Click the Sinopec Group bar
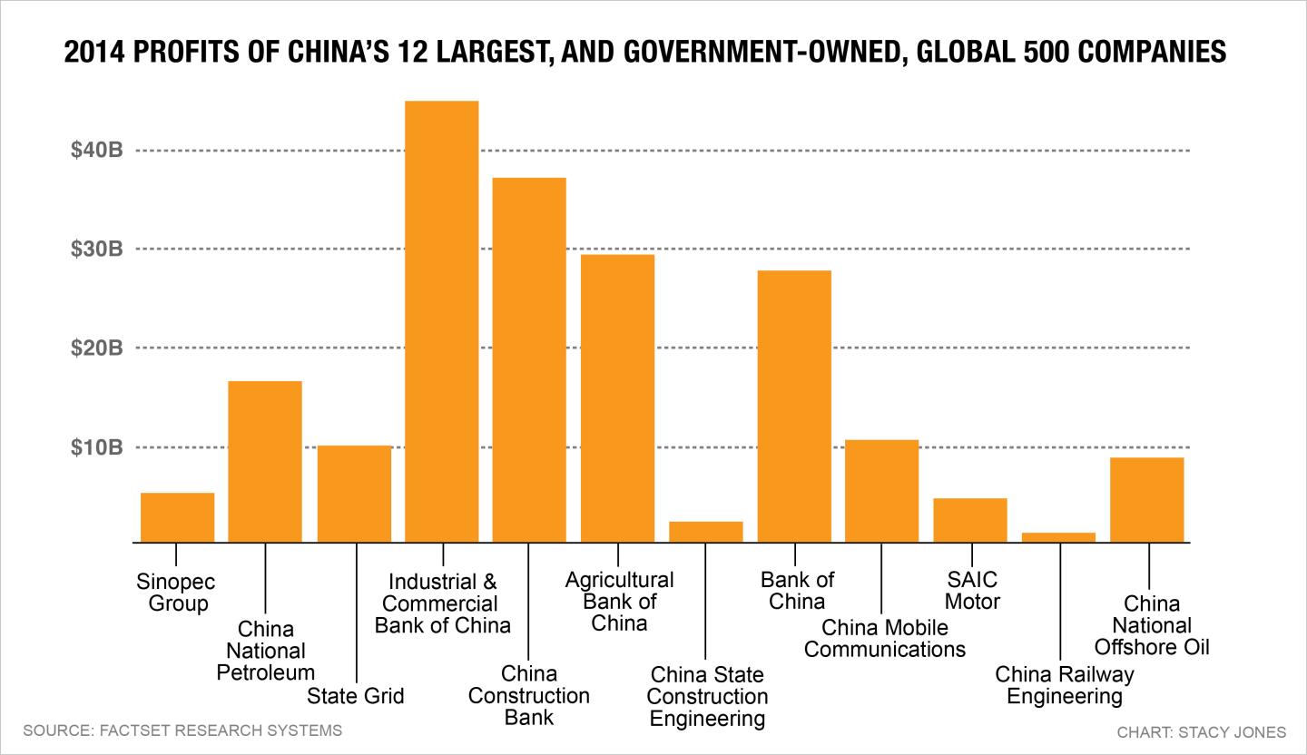[177, 517]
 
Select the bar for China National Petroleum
[265, 462]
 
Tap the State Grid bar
[354, 495]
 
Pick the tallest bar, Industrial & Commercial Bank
[442, 321]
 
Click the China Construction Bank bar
[529, 360]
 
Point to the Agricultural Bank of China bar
[617, 398]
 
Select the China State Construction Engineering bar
[706, 532]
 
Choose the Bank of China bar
[794, 407]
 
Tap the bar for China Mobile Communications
[881, 491]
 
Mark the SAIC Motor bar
[970, 521]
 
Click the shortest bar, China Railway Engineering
[1058, 537]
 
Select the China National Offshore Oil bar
[1147, 500]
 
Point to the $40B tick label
[97, 150]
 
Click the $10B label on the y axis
[97, 447]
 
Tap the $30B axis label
[97, 249]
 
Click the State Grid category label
[356, 695]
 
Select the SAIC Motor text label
[972, 591]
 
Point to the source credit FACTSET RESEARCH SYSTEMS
[221, 730]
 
